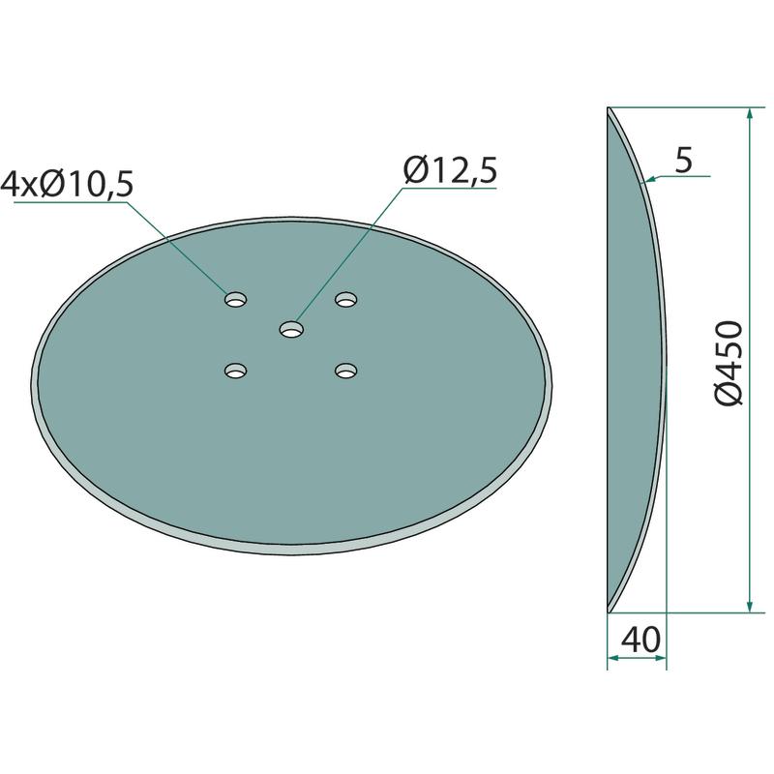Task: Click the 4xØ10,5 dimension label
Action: pyautogui.click(x=67, y=185)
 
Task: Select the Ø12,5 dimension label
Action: pyautogui.click(x=450, y=171)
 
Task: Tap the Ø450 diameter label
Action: pyautogui.click(x=729, y=363)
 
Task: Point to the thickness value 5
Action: pyautogui.click(x=684, y=160)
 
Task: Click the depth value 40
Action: pyautogui.click(x=640, y=640)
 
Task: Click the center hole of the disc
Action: pyautogui.click(x=291, y=329)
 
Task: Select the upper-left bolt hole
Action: pyautogui.click(x=235, y=299)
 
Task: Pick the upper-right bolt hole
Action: pyautogui.click(x=345, y=299)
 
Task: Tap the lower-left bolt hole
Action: pyautogui.click(x=235, y=371)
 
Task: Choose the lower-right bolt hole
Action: pyautogui.click(x=345, y=371)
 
